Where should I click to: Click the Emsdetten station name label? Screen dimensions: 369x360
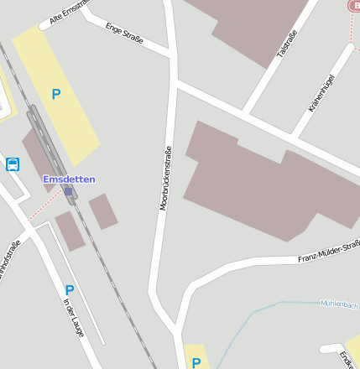[x=69, y=179]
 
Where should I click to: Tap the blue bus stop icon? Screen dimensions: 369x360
[x=13, y=164]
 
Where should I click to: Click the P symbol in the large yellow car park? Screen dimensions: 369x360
[x=56, y=95]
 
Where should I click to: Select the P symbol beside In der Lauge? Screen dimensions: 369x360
[x=70, y=290]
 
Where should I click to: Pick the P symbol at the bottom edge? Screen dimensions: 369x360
[x=196, y=362]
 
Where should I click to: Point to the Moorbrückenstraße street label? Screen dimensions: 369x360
[x=165, y=176]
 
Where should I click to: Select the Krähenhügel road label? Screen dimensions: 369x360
[x=321, y=94]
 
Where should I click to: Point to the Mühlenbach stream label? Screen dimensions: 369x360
[x=339, y=304]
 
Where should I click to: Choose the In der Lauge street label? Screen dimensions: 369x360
[x=74, y=319]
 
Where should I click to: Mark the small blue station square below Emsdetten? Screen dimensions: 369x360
[x=68, y=191]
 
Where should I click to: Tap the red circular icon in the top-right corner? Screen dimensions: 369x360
[x=353, y=5]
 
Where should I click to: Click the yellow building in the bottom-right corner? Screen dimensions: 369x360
[x=353, y=351]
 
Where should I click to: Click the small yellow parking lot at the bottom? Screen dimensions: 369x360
[x=196, y=356]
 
